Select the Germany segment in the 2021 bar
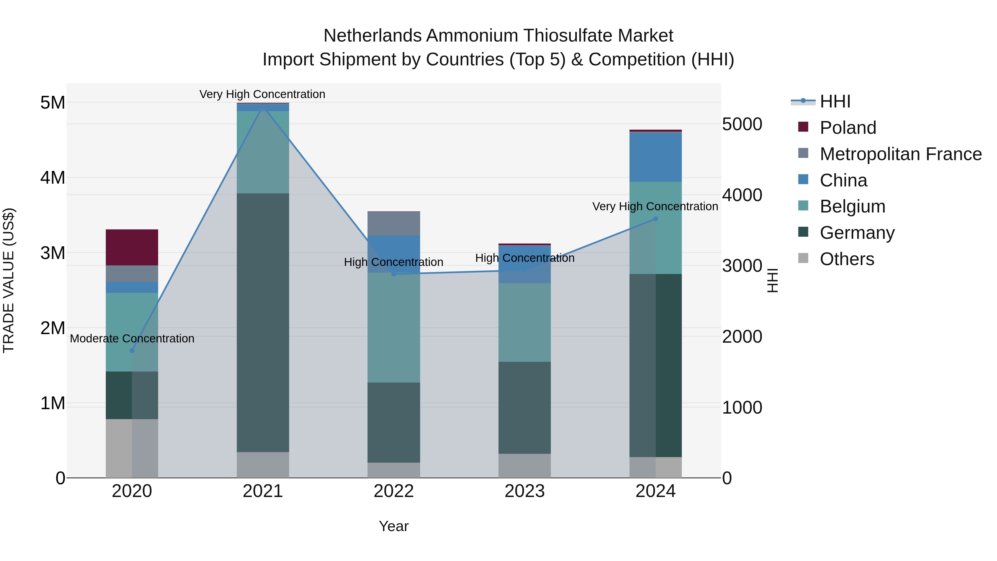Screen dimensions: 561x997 [x=263, y=322]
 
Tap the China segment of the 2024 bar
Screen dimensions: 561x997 [x=655, y=157]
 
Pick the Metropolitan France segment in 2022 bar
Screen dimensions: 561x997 [x=394, y=223]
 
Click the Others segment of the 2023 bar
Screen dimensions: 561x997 [x=525, y=465]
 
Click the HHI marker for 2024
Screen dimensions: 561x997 [x=655, y=219]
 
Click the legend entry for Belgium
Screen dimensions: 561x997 [x=852, y=206]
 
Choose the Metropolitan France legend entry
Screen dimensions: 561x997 [x=900, y=154]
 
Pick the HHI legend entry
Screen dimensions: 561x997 [x=835, y=101]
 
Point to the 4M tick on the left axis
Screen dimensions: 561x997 [x=53, y=178]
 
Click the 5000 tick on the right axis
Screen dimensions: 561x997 [x=742, y=124]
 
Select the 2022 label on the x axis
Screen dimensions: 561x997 [x=394, y=491]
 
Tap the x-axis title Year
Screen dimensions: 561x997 [x=394, y=526]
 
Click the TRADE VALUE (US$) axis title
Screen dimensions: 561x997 [x=9, y=280]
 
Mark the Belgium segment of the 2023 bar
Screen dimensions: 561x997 [x=525, y=322]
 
